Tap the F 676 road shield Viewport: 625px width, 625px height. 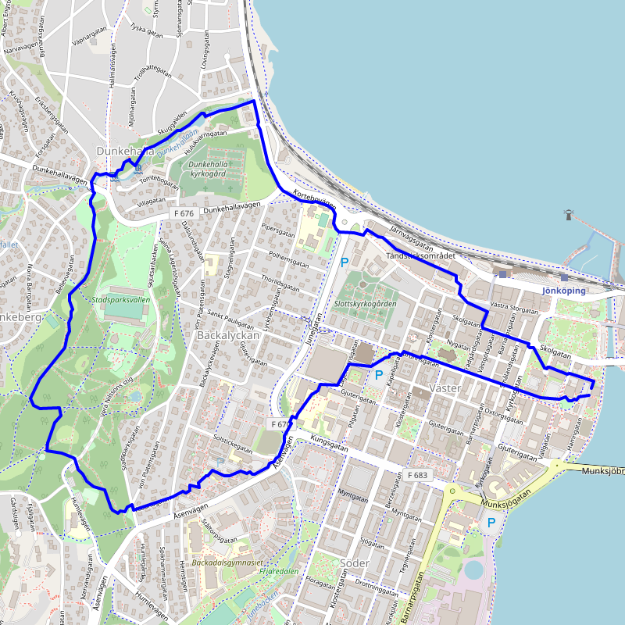coord(184,212)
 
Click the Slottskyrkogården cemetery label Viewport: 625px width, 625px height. coord(365,303)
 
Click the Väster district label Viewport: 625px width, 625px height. coord(446,388)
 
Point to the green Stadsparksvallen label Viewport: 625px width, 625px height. coord(120,299)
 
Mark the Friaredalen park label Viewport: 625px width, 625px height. coord(280,571)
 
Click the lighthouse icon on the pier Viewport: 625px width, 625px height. coord(568,214)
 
